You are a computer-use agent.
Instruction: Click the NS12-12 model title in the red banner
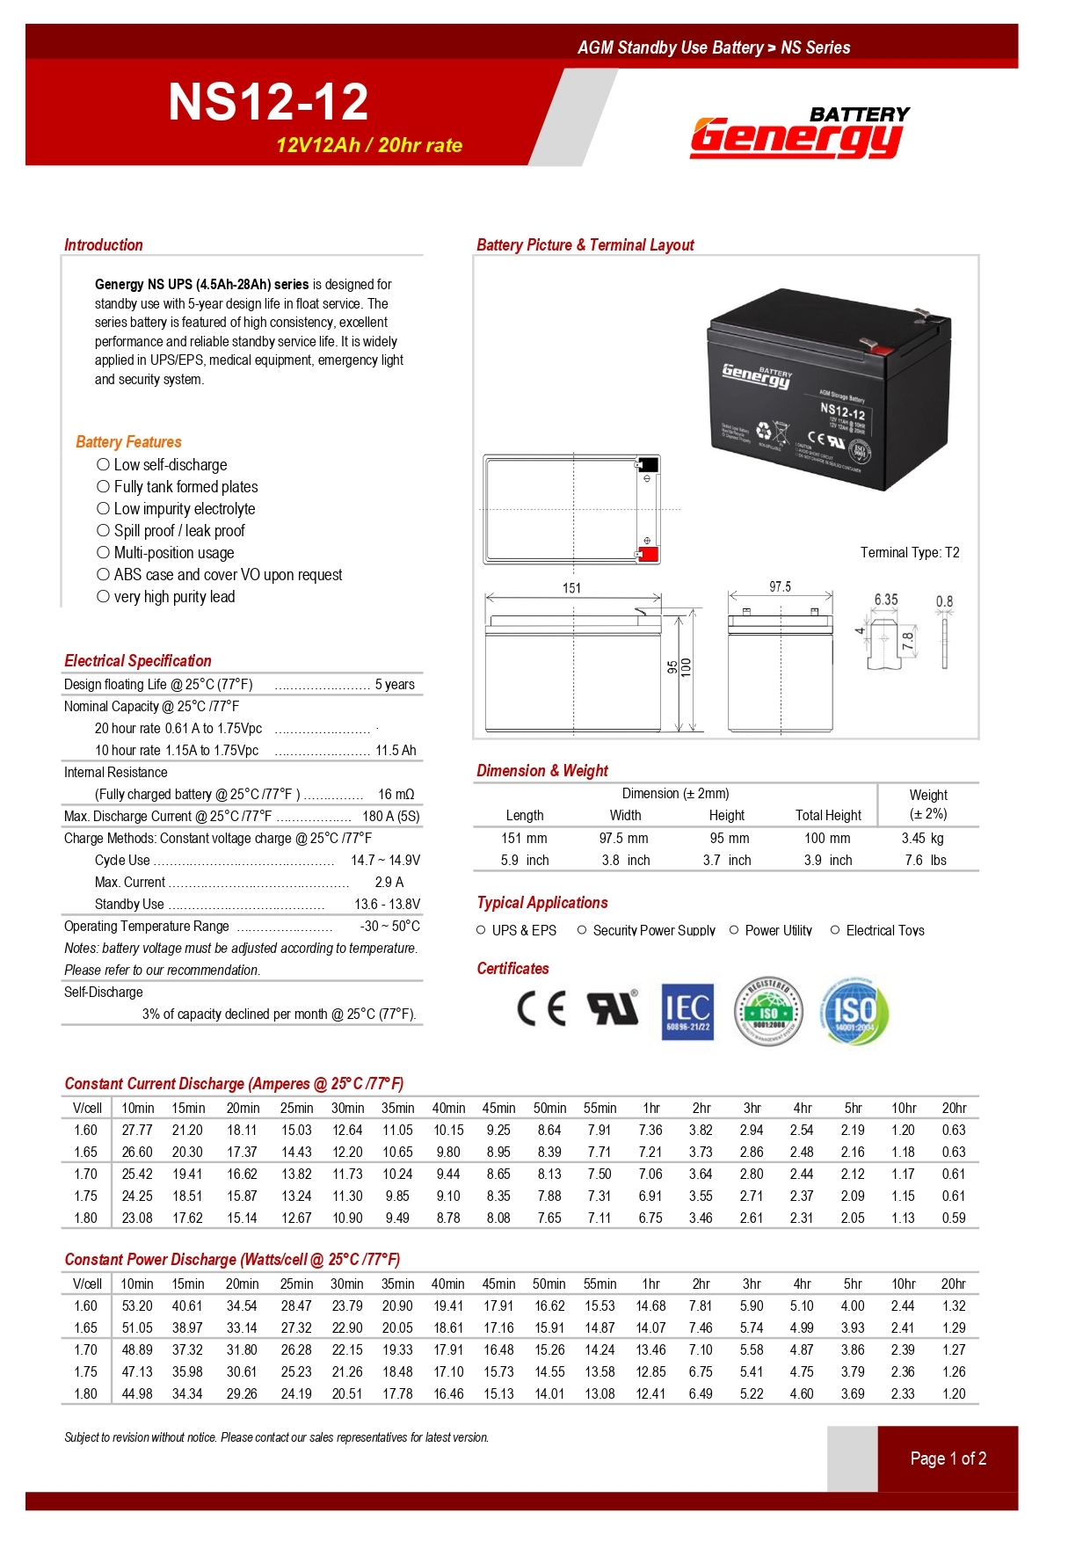click(268, 102)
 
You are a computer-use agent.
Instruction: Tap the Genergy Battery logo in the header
click(799, 134)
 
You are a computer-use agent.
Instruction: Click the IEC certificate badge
click(687, 1012)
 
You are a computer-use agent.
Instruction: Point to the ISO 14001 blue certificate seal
click(854, 1011)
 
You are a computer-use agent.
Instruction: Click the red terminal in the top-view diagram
click(648, 554)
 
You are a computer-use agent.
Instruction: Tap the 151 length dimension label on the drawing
click(571, 588)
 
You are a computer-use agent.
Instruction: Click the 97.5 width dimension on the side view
click(780, 586)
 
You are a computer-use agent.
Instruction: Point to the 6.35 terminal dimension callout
click(885, 600)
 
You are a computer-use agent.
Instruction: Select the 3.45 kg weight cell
click(922, 839)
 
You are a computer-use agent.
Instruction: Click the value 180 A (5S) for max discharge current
click(390, 817)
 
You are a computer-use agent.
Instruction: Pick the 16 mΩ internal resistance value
click(396, 795)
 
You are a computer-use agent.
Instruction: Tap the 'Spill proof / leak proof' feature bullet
click(179, 531)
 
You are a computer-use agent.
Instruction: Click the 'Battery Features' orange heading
click(128, 442)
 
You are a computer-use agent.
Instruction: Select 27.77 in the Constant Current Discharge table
click(137, 1131)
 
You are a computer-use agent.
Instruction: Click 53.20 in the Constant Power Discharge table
click(137, 1306)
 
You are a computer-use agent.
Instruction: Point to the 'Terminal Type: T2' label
click(909, 553)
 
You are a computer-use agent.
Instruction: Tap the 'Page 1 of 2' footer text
click(948, 1459)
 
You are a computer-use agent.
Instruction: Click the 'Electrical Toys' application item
click(884, 931)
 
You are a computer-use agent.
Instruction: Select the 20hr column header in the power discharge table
click(953, 1284)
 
